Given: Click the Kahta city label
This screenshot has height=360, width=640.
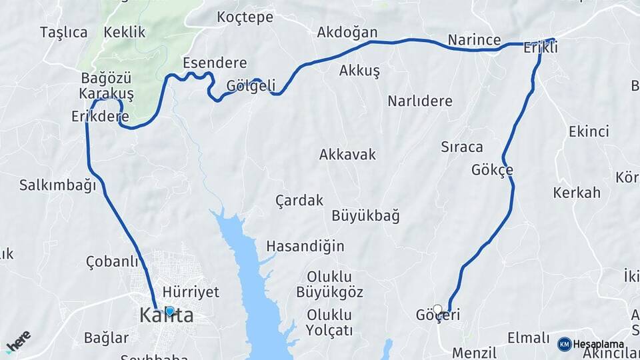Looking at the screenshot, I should [x=167, y=316].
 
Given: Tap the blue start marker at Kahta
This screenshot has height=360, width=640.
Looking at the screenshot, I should [x=169, y=311].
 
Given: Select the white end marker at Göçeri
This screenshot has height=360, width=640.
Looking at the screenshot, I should [x=437, y=309].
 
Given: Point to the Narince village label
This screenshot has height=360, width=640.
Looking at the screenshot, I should [x=474, y=40].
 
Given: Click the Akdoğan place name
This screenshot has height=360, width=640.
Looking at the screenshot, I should [x=347, y=32].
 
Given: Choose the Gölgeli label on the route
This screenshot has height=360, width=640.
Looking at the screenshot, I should [x=251, y=85].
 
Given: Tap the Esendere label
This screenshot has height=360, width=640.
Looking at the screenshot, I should [x=215, y=63].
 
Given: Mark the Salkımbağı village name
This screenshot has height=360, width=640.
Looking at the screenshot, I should [x=58, y=185].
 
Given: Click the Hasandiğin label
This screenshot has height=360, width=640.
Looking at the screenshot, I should [x=305, y=246].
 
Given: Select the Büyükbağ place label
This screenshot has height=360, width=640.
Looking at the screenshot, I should [x=365, y=215].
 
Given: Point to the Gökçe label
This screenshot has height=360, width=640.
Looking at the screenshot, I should [x=492, y=169].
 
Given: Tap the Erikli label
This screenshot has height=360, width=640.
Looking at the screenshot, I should [x=541, y=48].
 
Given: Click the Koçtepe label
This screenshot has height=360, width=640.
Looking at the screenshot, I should [x=245, y=17].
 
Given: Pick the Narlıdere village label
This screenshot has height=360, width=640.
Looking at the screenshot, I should [x=420, y=101].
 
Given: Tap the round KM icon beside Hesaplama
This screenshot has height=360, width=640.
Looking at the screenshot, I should [x=564, y=344].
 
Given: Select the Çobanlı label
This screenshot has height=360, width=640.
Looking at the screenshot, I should [x=112, y=261].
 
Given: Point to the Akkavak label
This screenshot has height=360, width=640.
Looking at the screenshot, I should [x=347, y=155].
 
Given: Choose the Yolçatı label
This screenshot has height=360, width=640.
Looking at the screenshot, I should [x=329, y=330].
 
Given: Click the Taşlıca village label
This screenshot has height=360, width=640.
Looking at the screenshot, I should [x=63, y=32].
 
